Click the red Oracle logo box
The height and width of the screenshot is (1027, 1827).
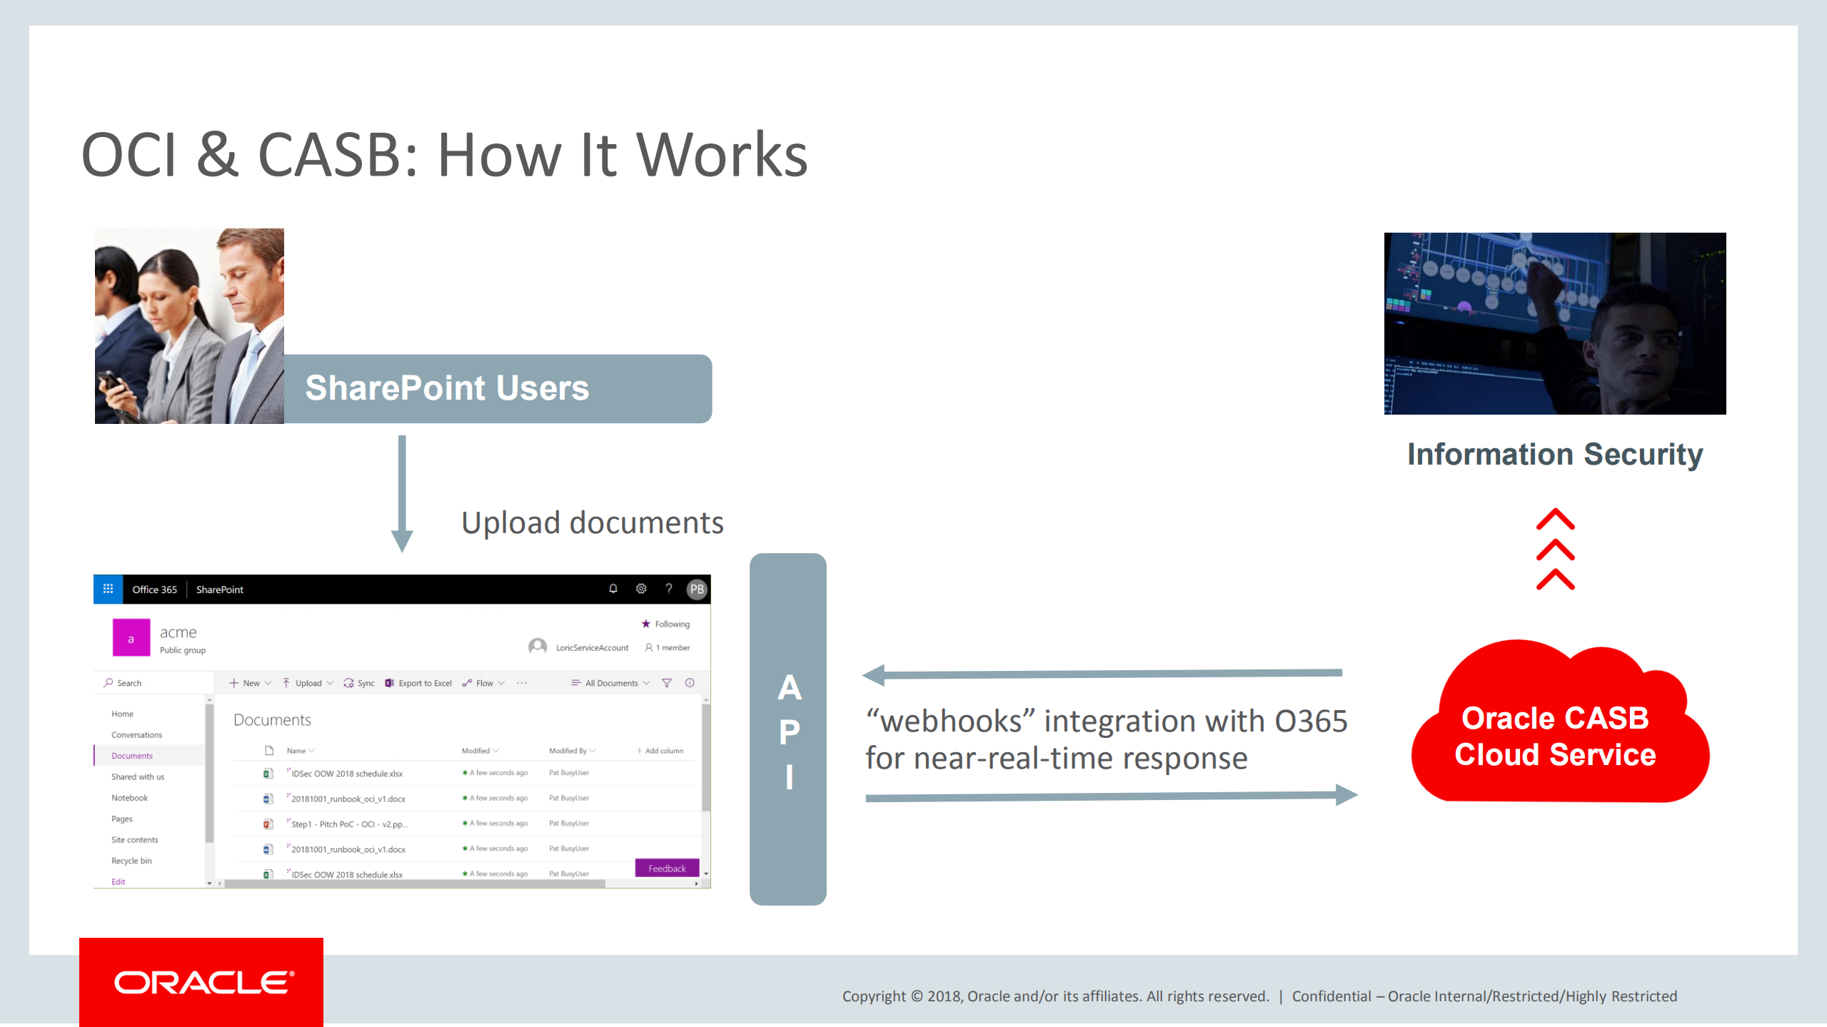[x=201, y=981]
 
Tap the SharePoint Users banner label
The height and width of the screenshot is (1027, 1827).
[x=447, y=388]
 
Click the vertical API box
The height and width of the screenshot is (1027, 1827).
[x=787, y=729]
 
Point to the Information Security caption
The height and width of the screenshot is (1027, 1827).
[x=1554, y=455]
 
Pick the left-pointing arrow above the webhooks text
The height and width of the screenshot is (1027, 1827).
[x=1099, y=674]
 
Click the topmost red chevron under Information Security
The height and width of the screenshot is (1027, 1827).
[x=1555, y=520]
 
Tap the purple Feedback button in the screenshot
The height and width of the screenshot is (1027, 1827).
[x=666, y=869]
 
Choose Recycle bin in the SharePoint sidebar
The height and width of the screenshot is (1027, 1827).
[x=131, y=861]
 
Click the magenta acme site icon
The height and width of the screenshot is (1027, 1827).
[x=131, y=637]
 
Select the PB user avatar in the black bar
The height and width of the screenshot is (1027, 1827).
[x=696, y=590]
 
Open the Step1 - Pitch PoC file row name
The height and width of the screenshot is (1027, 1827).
[x=348, y=824]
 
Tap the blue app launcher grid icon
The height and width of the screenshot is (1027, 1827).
[x=108, y=590]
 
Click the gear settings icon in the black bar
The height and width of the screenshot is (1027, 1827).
[x=640, y=589]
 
